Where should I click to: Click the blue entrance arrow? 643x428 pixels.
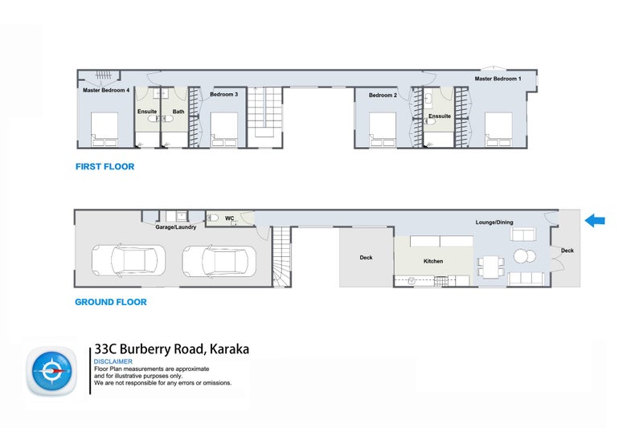click(595, 220)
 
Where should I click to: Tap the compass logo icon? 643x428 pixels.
click(51, 371)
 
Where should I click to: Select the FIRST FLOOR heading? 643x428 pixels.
click(105, 166)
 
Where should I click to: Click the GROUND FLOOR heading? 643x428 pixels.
click(111, 302)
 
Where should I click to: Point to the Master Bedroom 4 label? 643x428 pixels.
click(106, 90)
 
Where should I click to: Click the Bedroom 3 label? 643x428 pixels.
click(224, 94)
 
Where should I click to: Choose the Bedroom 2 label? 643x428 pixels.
click(383, 95)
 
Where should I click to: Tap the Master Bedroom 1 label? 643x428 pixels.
click(498, 79)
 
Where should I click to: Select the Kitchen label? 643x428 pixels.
click(433, 261)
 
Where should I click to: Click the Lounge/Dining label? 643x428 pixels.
click(494, 222)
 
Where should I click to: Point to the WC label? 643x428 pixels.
click(230, 218)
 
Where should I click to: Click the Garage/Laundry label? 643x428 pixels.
click(175, 227)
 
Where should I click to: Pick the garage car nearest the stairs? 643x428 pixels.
click(219, 261)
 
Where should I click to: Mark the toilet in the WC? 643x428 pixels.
click(213, 218)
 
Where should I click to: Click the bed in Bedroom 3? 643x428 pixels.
click(224, 129)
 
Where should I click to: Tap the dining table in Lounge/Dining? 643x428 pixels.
click(490, 267)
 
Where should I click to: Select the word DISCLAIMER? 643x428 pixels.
click(113, 361)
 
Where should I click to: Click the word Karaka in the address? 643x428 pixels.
click(229, 349)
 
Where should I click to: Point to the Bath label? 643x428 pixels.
click(178, 112)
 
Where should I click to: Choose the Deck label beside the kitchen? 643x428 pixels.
click(367, 258)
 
